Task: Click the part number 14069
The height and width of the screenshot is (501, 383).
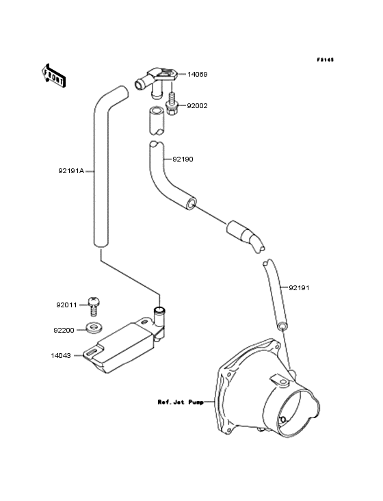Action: click(x=197, y=75)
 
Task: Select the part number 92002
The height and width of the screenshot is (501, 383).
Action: click(x=197, y=106)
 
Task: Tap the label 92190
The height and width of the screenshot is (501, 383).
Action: click(x=183, y=159)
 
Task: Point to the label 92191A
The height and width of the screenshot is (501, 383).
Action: click(x=71, y=171)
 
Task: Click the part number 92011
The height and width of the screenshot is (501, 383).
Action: click(x=67, y=305)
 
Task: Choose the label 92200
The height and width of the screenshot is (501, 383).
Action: click(x=64, y=331)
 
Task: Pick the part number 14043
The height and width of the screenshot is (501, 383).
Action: click(x=61, y=356)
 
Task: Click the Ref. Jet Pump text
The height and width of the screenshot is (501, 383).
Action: click(x=181, y=402)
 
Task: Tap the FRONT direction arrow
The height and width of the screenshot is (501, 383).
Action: click(x=53, y=76)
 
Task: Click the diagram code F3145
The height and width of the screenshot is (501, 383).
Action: click(x=326, y=60)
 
